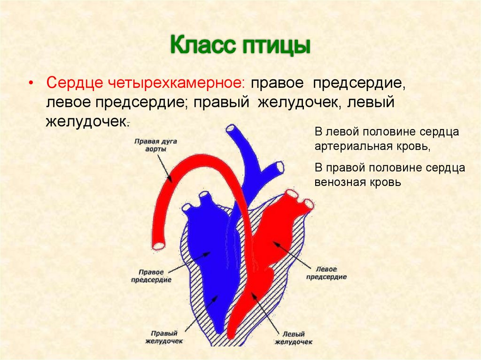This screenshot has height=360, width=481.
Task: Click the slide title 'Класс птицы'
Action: [240, 47]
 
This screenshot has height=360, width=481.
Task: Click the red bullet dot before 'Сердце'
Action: [31, 83]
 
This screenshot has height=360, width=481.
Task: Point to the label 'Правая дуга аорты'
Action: [149, 145]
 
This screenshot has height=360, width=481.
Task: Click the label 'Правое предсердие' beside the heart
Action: [151, 276]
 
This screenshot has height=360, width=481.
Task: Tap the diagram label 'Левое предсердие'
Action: [326, 273]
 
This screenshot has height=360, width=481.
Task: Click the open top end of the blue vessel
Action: [231, 129]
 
